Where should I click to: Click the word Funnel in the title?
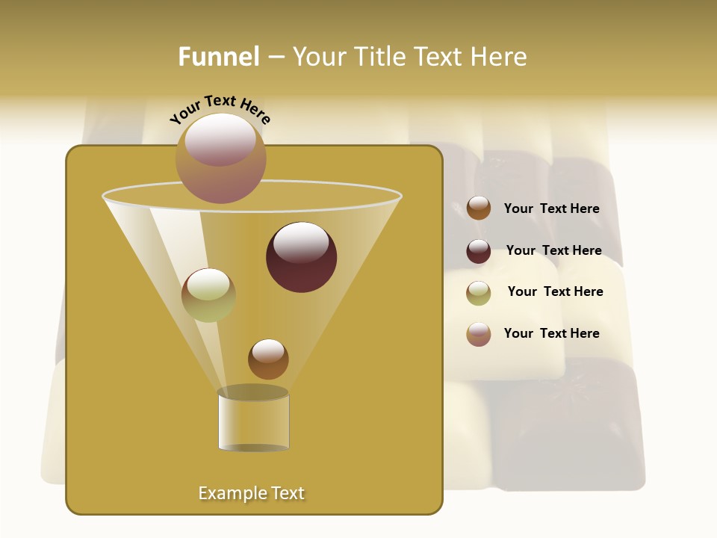pyautogui.click(x=219, y=57)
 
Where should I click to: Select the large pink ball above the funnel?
pyautogui.click(x=221, y=158)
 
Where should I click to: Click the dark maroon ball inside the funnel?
pyautogui.click(x=302, y=258)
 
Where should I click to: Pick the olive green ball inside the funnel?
pyautogui.click(x=208, y=295)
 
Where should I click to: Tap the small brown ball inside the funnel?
pyautogui.click(x=268, y=359)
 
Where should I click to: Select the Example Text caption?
pyautogui.click(x=251, y=493)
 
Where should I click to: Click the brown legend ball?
pyautogui.click(x=479, y=208)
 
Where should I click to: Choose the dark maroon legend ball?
pyautogui.click(x=479, y=251)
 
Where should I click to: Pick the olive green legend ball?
pyautogui.click(x=479, y=293)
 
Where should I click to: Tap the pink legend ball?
pyautogui.click(x=479, y=334)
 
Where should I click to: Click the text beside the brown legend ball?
pyautogui.click(x=551, y=209)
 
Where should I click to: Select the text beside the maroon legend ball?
pyautogui.click(x=553, y=251)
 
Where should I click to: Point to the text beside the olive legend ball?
pyautogui.click(x=555, y=292)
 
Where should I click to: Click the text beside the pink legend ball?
pyautogui.click(x=551, y=333)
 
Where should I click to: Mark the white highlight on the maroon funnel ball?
pyautogui.click(x=302, y=241)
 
